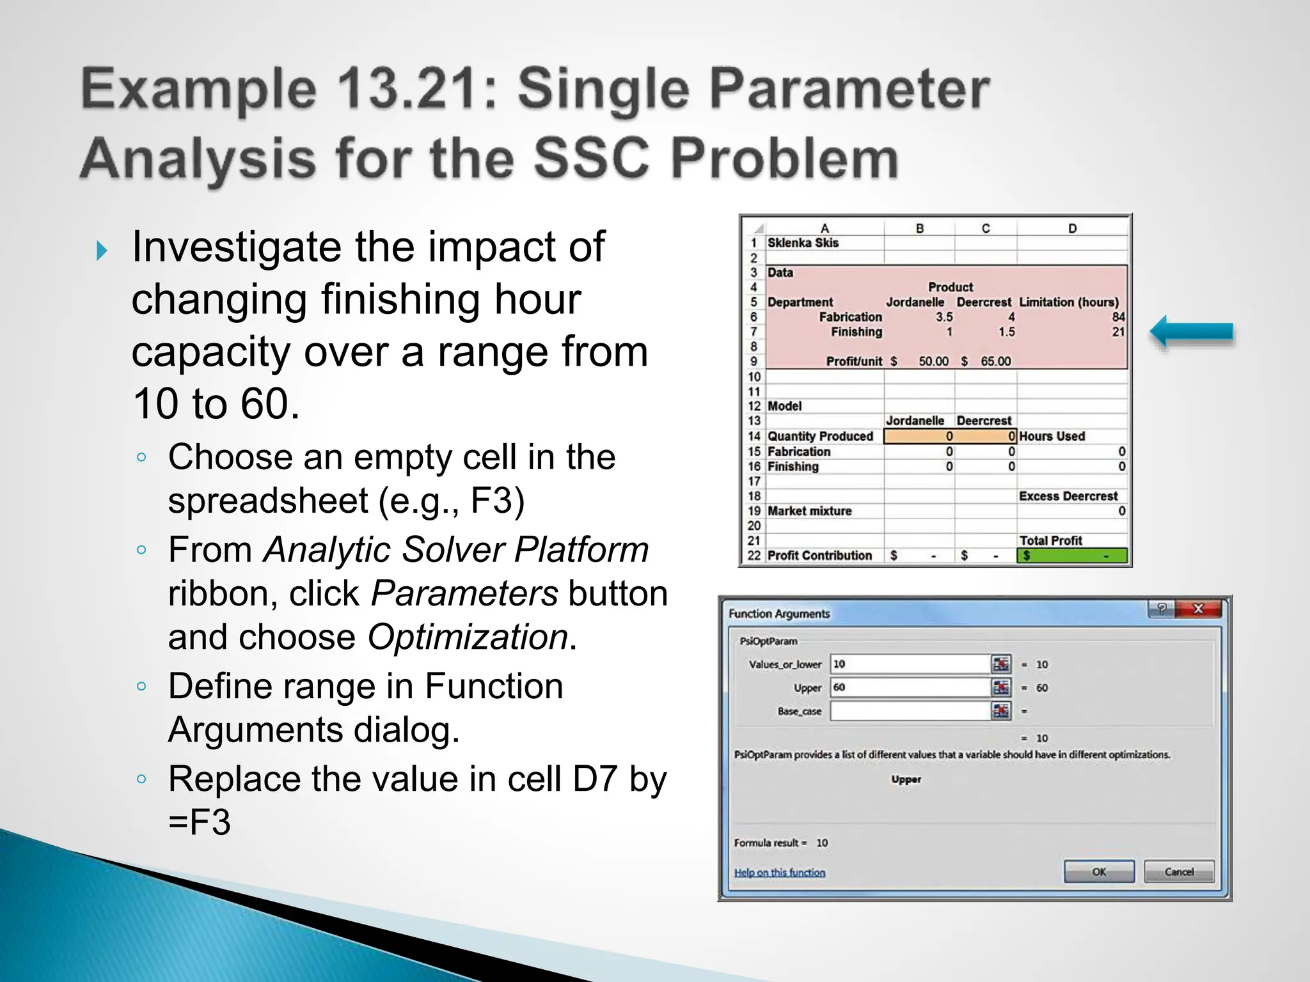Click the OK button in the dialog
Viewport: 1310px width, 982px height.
1098,871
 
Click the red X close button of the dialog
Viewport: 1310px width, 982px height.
1198,609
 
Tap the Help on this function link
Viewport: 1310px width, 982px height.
779,873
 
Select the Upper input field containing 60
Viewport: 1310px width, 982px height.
910,687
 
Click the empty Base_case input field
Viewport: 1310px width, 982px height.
910,711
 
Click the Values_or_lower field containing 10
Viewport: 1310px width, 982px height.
910,664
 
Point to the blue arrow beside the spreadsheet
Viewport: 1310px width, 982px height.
1191,332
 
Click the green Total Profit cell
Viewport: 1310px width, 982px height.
1071,556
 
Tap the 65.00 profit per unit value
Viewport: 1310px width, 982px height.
995,361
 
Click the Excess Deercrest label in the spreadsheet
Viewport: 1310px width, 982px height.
1068,496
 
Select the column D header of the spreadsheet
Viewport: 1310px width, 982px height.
1072,228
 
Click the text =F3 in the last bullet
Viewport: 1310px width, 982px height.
199,822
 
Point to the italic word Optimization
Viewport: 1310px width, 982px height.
468,637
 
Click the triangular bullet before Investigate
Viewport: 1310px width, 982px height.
101,251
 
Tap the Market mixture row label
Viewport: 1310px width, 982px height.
809,511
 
